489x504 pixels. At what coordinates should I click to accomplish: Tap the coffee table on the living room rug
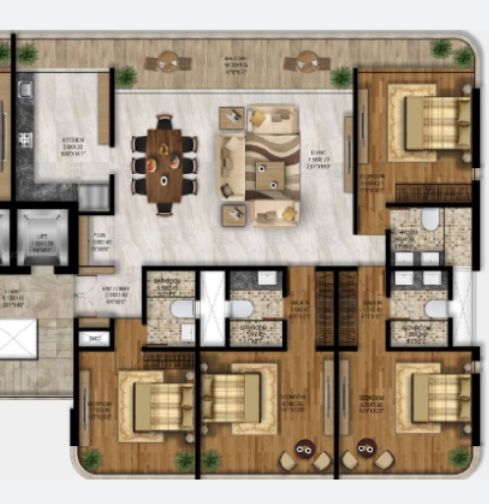tap(266, 177)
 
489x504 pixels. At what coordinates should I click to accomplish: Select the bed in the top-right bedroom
tap(430, 122)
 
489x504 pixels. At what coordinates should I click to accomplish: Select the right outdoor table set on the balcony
tap(306, 62)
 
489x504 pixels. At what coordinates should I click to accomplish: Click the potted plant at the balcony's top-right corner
tap(441, 49)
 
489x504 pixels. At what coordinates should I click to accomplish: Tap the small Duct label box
tap(94, 338)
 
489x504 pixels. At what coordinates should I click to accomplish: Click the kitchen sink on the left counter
tap(25, 90)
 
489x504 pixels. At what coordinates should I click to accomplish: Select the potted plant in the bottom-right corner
tap(460, 456)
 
